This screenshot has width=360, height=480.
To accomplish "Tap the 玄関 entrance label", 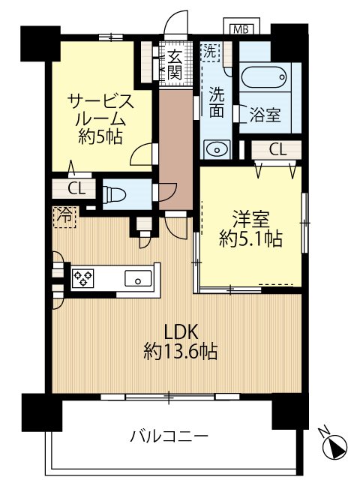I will pos(173,64).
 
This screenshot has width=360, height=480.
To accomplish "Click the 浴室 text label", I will pos(265,115).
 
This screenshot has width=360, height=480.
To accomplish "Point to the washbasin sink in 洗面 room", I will pos(217,148).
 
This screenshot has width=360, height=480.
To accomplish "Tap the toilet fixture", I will pos(116,193).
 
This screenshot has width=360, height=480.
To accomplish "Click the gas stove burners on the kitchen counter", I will pos(83,280).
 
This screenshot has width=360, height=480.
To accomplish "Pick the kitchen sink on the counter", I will pos(138,279).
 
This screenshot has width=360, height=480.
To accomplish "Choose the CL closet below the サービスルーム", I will pos(76,187).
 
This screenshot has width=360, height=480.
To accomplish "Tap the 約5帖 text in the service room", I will pos(102,137).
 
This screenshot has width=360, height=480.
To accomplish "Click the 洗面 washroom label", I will pos(217,104).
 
